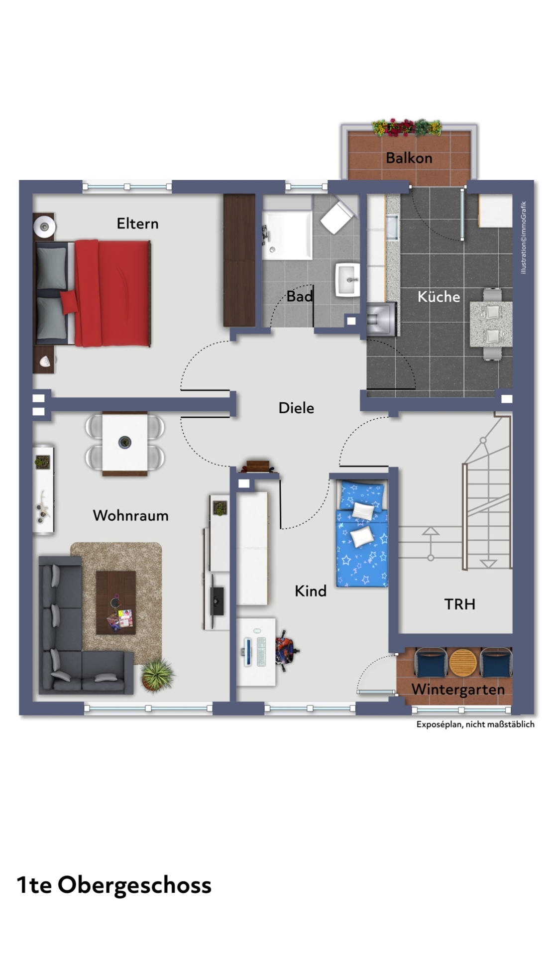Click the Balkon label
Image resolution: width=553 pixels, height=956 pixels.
409,158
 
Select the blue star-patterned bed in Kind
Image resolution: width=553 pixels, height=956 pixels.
362,533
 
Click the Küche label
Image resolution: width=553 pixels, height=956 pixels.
439,297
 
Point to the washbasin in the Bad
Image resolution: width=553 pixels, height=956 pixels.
347,280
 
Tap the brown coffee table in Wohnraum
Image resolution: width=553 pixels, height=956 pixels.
116,602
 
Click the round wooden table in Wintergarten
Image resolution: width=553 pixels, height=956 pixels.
463,662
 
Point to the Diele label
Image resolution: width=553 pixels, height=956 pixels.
296,408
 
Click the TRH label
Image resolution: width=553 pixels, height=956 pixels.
459,604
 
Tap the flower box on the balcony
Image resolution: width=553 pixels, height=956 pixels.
407,128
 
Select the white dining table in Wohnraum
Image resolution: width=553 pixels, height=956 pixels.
125,443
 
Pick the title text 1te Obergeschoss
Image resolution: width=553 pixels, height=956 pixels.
114,885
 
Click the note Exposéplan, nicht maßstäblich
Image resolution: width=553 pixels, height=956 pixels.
475,724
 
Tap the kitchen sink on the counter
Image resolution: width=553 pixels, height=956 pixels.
392,227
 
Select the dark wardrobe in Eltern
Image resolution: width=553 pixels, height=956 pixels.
239,260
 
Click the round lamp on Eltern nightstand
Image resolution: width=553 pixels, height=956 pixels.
44,227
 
